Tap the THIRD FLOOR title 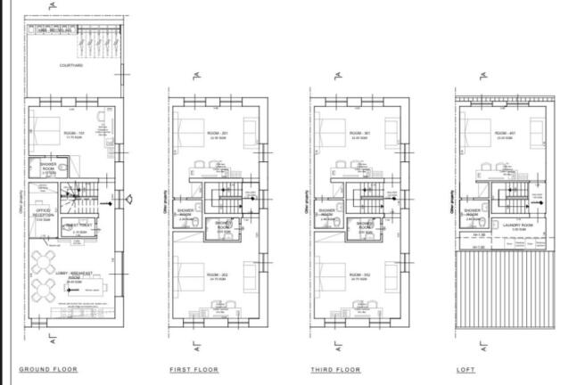(x=335, y=368)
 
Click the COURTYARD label (x=71, y=66)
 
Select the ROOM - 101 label (x=73, y=133)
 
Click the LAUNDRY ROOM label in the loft (x=517, y=225)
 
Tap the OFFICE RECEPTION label (x=43, y=214)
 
